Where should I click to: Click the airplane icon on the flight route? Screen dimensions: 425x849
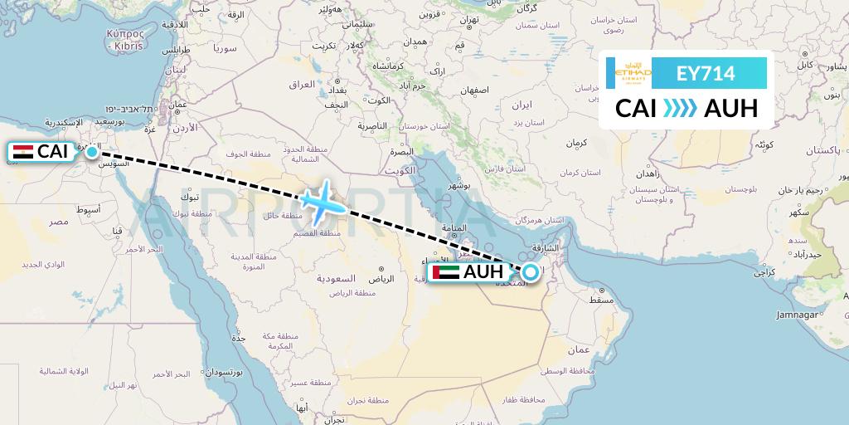pos(320,201)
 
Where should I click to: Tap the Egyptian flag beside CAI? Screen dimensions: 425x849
pos(24,152)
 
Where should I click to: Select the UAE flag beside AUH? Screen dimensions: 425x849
pos(447,272)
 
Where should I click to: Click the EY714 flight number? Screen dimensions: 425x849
pos(706,74)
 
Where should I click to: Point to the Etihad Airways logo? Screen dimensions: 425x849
pos(633,73)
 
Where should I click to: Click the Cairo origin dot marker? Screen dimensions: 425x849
pos(91,152)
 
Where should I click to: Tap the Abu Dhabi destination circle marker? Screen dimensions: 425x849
pos(529,271)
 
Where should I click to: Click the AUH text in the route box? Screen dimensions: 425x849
pos(730,109)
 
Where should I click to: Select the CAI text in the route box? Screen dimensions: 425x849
pos(637,109)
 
